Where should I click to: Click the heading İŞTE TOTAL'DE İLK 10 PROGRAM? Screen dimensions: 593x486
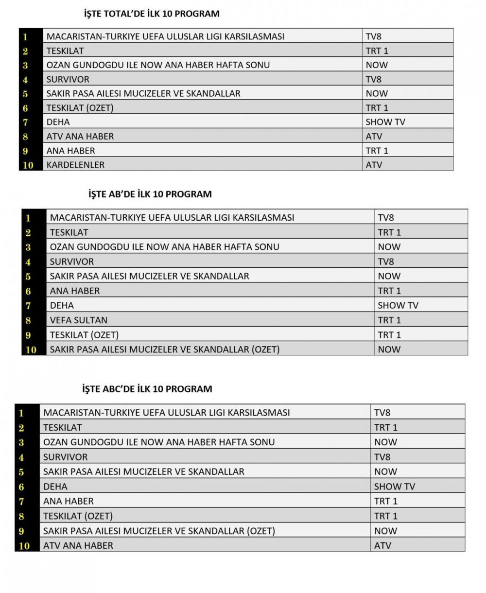coord(151,14)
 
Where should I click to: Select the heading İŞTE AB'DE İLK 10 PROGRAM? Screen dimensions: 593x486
coord(150,194)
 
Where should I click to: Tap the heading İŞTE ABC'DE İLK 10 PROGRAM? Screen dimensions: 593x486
coord(147,389)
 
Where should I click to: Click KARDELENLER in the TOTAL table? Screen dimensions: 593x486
coord(75,165)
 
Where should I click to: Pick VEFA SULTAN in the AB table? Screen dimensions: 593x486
coord(79,320)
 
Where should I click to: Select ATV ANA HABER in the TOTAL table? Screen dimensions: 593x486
coord(80,136)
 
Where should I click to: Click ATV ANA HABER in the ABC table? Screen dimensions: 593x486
coord(78,545)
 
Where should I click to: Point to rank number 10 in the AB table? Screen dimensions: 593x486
coord(31,349)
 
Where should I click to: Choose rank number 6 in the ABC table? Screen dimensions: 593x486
coord(21,487)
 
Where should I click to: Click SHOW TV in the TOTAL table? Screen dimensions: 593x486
coord(385,122)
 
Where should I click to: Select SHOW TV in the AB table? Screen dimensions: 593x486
coord(398,305)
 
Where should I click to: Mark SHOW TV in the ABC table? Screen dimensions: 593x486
coord(395,486)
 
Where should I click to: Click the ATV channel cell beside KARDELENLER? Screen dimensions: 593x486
coord(374,165)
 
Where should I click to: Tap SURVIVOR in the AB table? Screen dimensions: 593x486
coord(72,262)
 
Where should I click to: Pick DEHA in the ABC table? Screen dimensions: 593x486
coord(55,486)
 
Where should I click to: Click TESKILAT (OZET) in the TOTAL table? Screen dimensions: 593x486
coord(80,108)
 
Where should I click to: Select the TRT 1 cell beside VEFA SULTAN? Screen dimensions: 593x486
coord(389,320)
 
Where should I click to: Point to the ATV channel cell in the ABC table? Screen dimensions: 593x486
coord(382,545)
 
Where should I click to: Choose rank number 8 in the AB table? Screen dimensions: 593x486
coord(28,320)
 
